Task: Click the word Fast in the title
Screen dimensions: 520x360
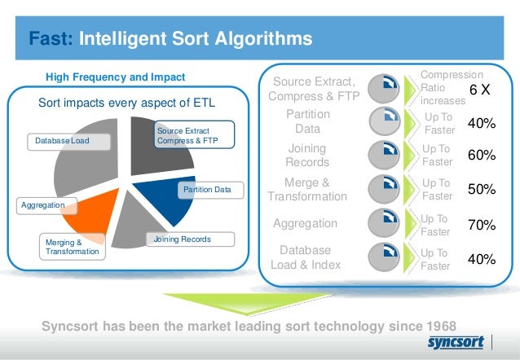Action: (x=51, y=38)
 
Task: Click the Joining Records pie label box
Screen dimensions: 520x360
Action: (x=182, y=239)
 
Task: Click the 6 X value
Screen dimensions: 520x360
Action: (x=479, y=88)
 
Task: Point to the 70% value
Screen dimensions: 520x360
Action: (x=482, y=225)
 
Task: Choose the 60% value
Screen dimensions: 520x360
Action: (x=482, y=155)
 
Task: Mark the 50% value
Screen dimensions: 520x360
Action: (x=482, y=189)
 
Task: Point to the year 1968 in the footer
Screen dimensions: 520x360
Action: (x=438, y=326)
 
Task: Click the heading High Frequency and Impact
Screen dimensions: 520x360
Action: (x=116, y=77)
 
